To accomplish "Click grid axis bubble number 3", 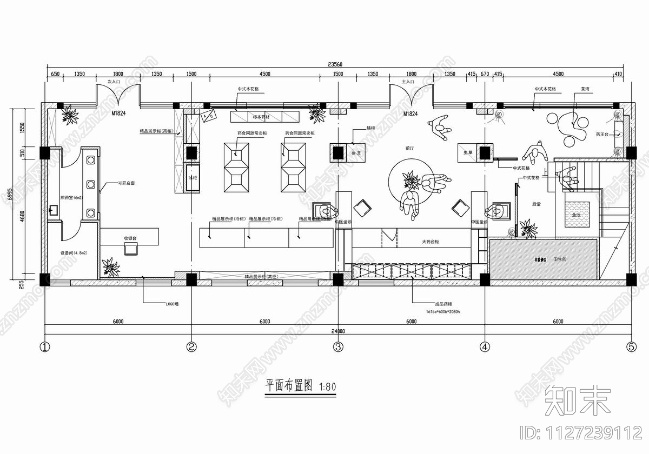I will pyautogui.click(x=337, y=346).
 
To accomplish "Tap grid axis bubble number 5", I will pyautogui.click(x=631, y=346).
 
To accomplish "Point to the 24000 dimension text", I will pyautogui.click(x=337, y=331).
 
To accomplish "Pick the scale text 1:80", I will pyautogui.click(x=328, y=387).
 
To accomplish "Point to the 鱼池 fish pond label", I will pyautogui.click(x=577, y=215).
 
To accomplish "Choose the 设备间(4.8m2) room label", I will pyautogui.click(x=74, y=252).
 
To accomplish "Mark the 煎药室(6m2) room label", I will pyautogui.click(x=71, y=198).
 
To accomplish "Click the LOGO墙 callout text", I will pyautogui.click(x=172, y=304).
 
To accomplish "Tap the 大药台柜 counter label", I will pyautogui.click(x=431, y=242).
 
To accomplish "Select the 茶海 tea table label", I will pyautogui.click(x=585, y=88).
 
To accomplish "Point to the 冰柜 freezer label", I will pyautogui.click(x=193, y=177).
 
